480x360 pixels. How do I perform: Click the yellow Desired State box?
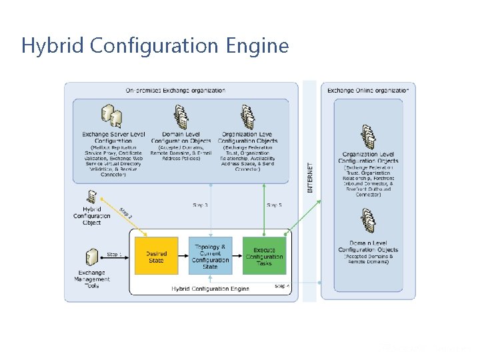(x=157, y=257)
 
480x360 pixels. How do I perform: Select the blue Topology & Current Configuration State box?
(x=210, y=257)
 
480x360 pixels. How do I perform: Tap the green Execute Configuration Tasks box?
(x=264, y=257)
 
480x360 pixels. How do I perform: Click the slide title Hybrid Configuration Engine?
(x=155, y=46)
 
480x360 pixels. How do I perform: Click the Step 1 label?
(x=115, y=254)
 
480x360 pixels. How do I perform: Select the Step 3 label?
(x=200, y=205)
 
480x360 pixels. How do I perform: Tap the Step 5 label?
(x=274, y=205)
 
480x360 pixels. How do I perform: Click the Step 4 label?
(x=282, y=286)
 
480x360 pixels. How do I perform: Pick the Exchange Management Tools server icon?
(x=91, y=257)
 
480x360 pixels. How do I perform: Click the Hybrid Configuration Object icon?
(x=92, y=197)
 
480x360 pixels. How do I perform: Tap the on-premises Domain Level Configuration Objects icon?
(x=181, y=118)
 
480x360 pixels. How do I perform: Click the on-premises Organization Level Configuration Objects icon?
(x=247, y=118)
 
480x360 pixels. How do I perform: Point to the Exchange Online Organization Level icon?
(x=368, y=137)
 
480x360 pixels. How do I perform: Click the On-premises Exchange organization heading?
(x=175, y=91)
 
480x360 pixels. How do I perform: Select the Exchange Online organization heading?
(x=367, y=91)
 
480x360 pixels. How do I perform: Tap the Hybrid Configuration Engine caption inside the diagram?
(x=210, y=289)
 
